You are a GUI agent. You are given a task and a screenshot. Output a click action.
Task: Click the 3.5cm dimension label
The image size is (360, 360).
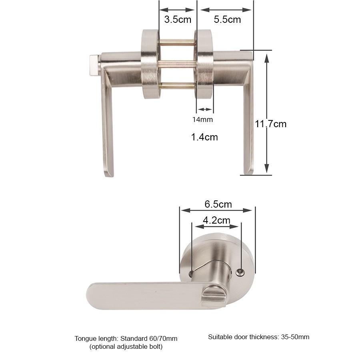(x=178, y=19)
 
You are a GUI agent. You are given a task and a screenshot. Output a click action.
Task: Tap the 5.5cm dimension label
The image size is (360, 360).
(x=227, y=19)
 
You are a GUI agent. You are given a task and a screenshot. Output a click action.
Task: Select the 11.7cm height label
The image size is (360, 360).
(x=271, y=124)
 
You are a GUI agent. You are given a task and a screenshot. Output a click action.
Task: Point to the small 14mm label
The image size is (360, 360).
(x=202, y=119)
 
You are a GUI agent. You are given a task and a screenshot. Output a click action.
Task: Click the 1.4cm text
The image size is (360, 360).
(x=204, y=137)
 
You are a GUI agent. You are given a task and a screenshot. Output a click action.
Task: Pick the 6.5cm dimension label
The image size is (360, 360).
(x=218, y=204)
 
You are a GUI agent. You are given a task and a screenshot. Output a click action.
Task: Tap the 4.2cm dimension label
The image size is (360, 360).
(x=216, y=220)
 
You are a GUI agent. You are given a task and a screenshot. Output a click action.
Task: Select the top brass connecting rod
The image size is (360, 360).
(x=178, y=42)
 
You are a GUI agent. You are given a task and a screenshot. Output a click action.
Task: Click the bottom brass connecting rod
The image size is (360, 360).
(x=178, y=85)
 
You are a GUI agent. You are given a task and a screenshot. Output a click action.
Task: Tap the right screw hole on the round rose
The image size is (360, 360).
(x=240, y=272)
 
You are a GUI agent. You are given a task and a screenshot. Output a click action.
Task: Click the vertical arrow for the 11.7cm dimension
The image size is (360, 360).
(x=267, y=112)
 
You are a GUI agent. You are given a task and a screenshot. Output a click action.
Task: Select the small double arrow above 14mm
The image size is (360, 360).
(x=205, y=109)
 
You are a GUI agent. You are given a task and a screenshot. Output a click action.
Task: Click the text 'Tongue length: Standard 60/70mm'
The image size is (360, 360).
(x=126, y=338)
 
